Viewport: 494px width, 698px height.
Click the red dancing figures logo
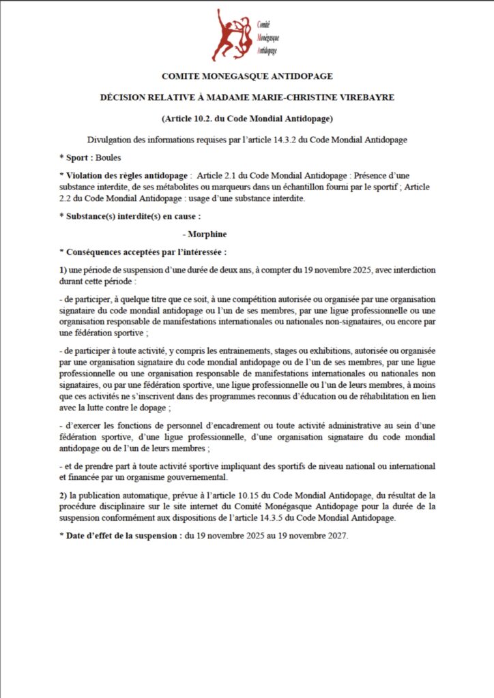pos(232,35)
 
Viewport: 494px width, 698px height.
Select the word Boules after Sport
pos(109,157)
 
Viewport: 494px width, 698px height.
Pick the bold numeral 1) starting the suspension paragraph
pos(63,270)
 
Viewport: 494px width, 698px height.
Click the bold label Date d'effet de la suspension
pos(123,536)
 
